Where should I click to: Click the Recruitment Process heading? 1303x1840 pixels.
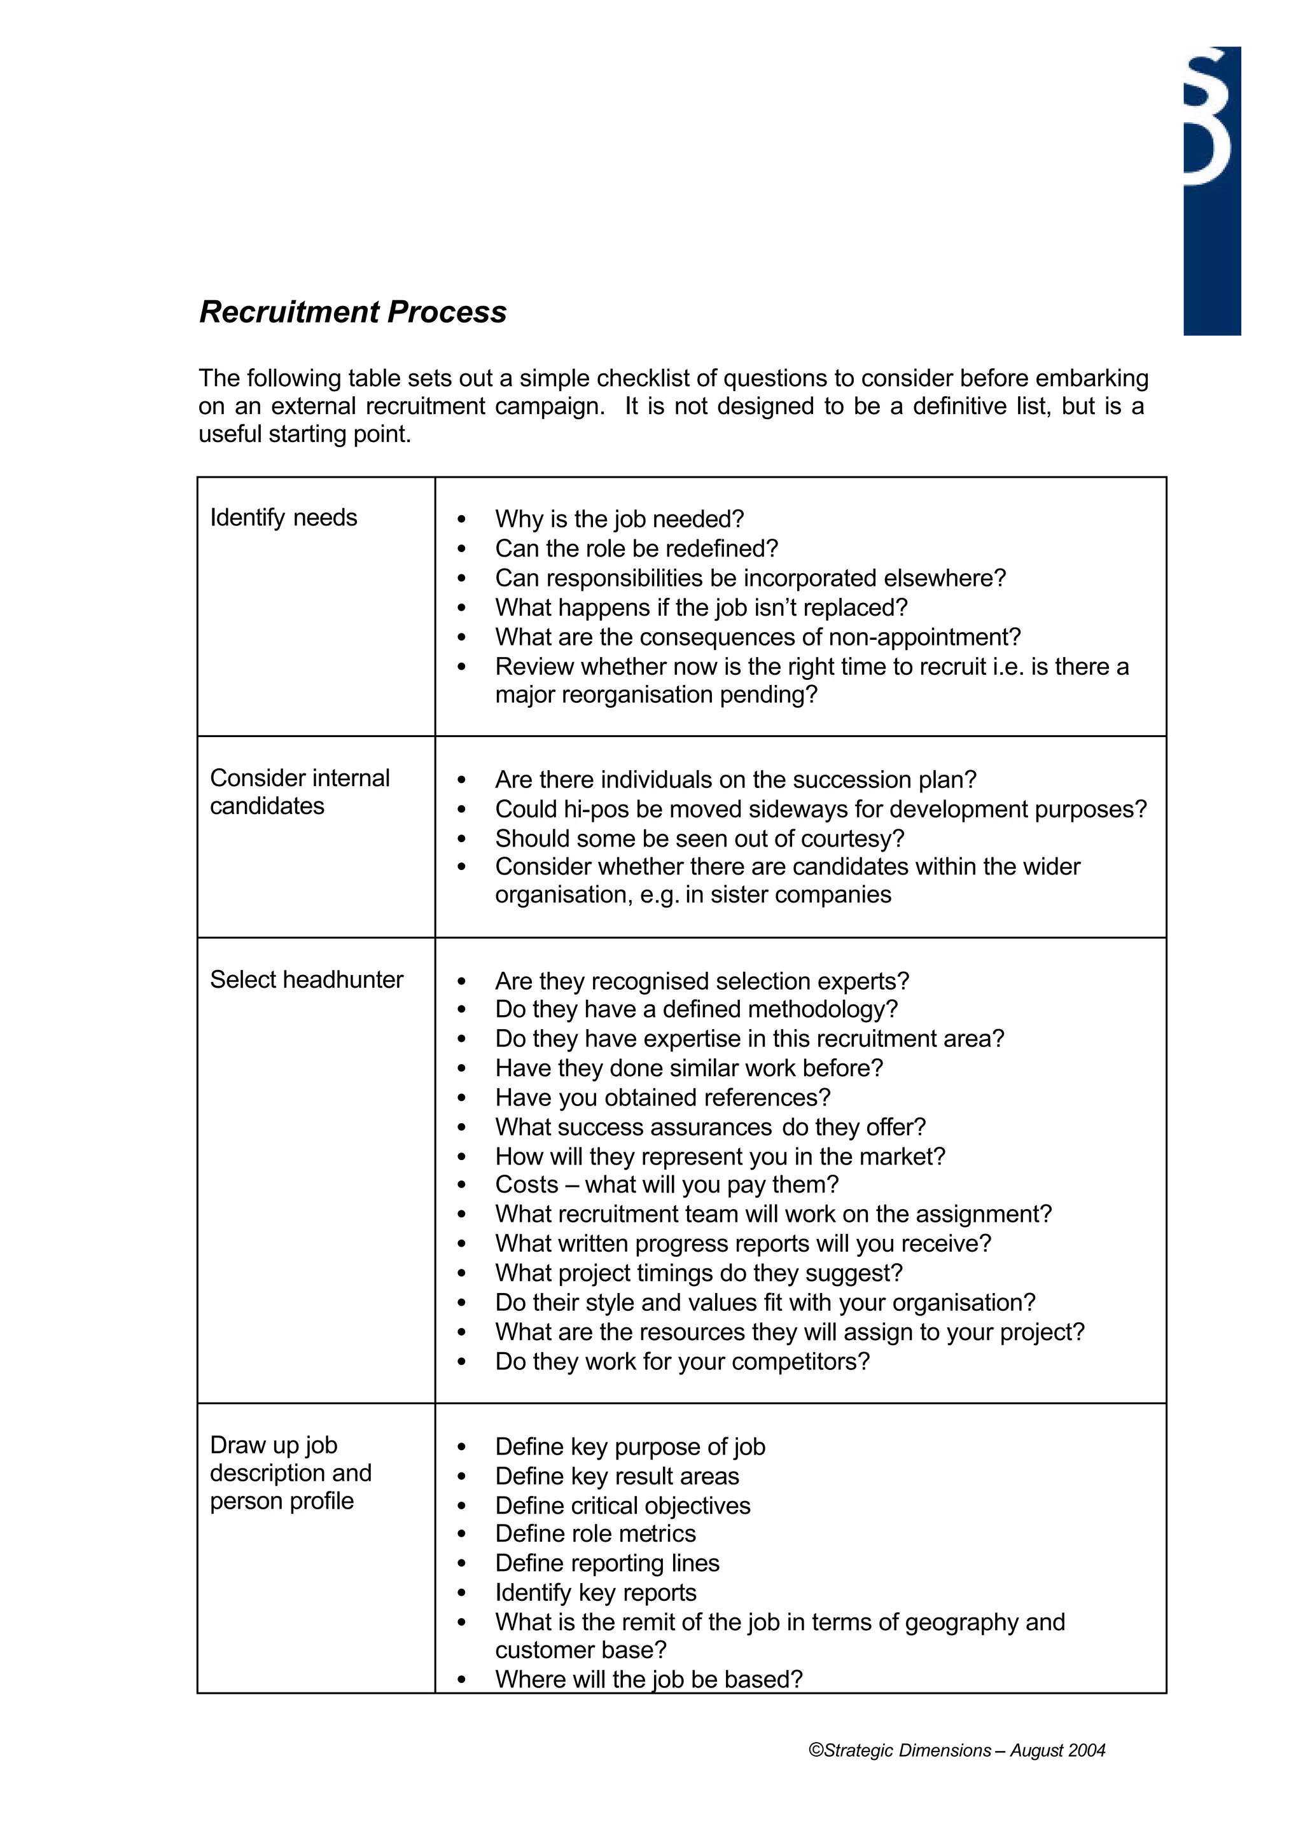tap(352, 312)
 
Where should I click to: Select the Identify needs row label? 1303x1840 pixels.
tap(283, 517)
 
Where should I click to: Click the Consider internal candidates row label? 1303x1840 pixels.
tap(299, 792)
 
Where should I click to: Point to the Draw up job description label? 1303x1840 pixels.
tap(291, 1472)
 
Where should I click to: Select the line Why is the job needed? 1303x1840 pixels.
tap(620, 519)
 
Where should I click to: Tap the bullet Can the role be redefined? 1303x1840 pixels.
tap(636, 549)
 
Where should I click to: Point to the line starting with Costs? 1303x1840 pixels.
tap(666, 1185)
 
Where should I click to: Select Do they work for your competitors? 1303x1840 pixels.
tap(682, 1361)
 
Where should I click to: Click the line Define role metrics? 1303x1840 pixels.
tap(596, 1533)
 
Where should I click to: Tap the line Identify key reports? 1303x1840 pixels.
tap(596, 1592)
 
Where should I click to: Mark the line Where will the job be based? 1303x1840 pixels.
tap(648, 1679)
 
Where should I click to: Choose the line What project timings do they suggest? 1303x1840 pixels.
tap(698, 1273)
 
